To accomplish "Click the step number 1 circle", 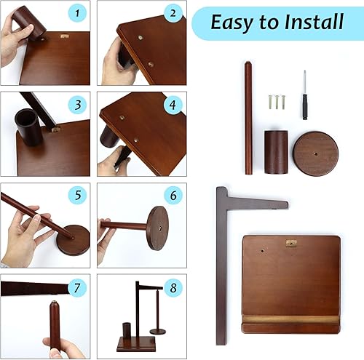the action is pos(77,13).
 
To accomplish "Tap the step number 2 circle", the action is pos(173,13).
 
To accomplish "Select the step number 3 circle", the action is pos(77,105).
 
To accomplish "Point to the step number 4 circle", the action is pos(173,105).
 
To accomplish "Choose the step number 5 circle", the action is pos(77,195).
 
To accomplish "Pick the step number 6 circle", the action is pos(173,196).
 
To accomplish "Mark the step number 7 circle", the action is pos(77,288).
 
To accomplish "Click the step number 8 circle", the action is pos(173,288).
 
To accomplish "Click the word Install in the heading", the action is pos(314,22).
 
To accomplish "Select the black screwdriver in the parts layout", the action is pos(304,95).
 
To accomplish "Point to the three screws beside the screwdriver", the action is pos(277,102).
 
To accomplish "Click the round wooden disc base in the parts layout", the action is pos(315,153).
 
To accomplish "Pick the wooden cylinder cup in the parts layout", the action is pos(276,152).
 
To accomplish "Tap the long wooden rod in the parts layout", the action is pos(248,118).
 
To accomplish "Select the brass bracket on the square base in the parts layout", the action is pos(291,243).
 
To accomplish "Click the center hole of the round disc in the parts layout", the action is pos(316,153).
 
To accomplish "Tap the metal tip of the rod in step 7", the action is pos(53,302).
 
